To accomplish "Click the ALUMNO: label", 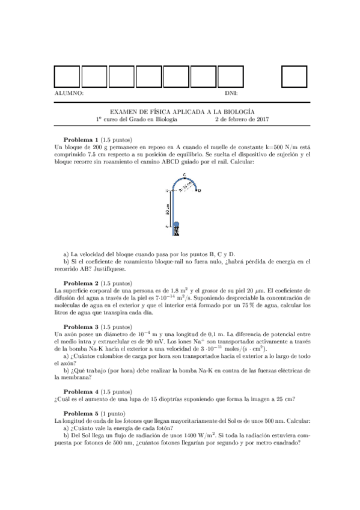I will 68,93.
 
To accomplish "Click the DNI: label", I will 231,93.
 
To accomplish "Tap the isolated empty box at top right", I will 294,76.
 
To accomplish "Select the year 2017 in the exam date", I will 262,119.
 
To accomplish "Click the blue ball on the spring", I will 176,225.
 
